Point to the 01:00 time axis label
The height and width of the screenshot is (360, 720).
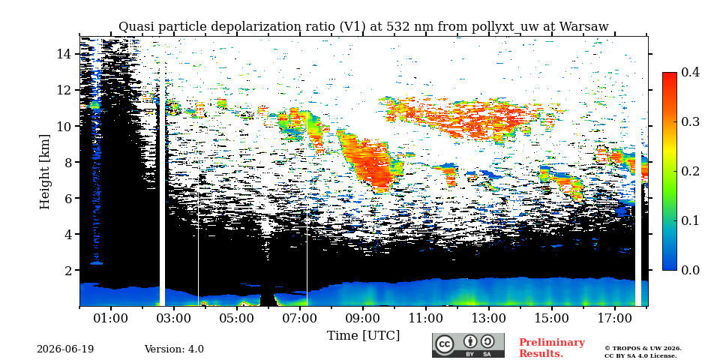[x=111, y=318]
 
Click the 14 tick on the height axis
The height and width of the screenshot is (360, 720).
[x=66, y=54]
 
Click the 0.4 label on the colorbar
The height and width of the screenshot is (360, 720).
[x=690, y=73]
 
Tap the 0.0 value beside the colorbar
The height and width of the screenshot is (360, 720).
[x=690, y=269]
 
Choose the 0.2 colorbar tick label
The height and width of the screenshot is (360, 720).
[x=690, y=171]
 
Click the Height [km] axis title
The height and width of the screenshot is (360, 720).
[x=44, y=172]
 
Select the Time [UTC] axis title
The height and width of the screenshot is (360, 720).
[x=363, y=336]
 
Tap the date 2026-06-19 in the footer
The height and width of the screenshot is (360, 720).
[x=65, y=349]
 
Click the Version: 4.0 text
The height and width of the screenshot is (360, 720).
[x=174, y=349]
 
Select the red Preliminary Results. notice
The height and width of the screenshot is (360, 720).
[x=552, y=347]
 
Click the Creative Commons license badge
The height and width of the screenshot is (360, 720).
[x=468, y=345]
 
